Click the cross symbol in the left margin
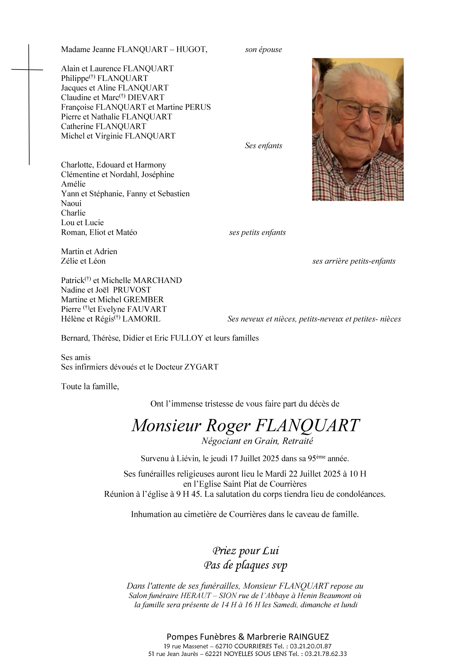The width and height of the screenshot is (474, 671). [x=29, y=70]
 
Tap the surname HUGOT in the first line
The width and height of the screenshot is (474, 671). [x=191, y=49]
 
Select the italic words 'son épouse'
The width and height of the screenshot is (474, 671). [x=263, y=50]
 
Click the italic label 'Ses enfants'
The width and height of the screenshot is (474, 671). [x=263, y=146]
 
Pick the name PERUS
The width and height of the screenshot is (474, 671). [x=198, y=107]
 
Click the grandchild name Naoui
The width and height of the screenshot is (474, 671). [x=71, y=203]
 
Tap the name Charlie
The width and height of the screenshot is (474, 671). [x=73, y=213]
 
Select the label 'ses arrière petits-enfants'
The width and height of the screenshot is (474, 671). [x=354, y=261]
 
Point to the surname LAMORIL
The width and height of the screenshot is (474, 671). [x=141, y=319]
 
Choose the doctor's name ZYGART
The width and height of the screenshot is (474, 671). [x=201, y=367]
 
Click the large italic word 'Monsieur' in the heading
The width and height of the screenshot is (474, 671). [x=166, y=426]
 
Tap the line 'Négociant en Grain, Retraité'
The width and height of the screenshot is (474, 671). [x=257, y=441]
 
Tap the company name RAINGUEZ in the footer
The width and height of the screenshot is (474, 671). [x=308, y=637]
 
